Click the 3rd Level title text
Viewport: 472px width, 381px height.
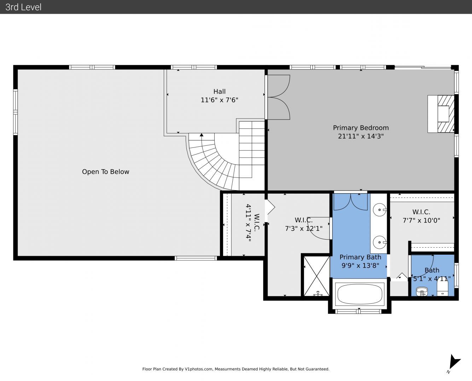coord(23,7)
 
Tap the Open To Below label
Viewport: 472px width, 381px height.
coord(105,172)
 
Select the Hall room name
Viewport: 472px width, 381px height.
coord(219,92)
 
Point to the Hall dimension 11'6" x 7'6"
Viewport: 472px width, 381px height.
coord(219,100)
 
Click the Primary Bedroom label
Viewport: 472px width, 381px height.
coord(361,128)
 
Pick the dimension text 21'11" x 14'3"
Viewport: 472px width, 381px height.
coord(361,136)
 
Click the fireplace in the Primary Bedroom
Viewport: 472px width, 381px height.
coord(441,114)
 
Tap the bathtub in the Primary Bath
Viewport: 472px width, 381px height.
coord(360,294)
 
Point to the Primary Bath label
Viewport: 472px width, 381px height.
coord(360,257)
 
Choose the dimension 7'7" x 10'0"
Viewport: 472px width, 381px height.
coord(421,220)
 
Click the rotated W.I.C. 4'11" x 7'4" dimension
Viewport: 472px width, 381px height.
coord(249,223)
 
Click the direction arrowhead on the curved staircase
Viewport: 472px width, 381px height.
coord(202,135)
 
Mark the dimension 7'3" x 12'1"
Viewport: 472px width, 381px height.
coord(304,228)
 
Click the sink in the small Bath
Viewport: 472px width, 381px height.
coord(422,291)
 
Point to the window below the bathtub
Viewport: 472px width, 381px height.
coord(358,312)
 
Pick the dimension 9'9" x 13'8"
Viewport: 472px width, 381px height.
coord(360,266)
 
